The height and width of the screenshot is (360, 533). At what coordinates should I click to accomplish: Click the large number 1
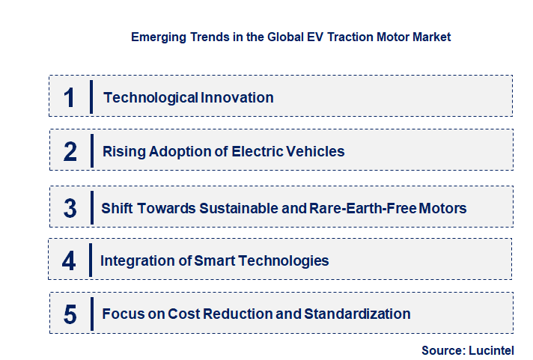pyautogui.click(x=70, y=97)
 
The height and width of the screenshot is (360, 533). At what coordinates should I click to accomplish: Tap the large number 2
pyautogui.click(x=70, y=152)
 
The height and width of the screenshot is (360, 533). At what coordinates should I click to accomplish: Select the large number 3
pyautogui.click(x=70, y=208)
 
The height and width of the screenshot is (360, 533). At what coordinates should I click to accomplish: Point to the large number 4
pyautogui.click(x=70, y=261)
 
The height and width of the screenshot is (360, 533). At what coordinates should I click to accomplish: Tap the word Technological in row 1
pyautogui.click(x=150, y=97)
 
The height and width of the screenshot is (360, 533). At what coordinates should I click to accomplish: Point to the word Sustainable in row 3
pyautogui.click(x=234, y=208)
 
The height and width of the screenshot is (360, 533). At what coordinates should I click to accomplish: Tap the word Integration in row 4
pyautogui.click(x=137, y=260)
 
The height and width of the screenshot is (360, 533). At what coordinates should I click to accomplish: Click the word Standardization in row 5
pyautogui.click(x=357, y=314)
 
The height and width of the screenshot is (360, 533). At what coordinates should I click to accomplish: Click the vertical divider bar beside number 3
pyautogui.click(x=91, y=207)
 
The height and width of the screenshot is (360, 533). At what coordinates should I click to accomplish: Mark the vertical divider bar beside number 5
pyautogui.click(x=91, y=313)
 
